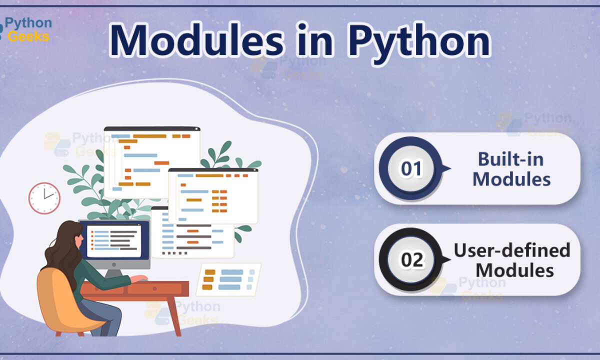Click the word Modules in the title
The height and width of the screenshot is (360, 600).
(196, 40)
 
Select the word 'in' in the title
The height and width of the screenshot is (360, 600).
(315, 39)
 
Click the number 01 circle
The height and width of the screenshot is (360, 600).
(411, 168)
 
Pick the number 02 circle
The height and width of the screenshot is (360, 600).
(411, 259)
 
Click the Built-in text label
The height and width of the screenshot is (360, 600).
(511, 159)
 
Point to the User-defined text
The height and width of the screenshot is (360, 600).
(512, 250)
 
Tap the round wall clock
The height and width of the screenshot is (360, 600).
(44, 198)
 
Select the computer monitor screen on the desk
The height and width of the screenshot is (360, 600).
(114, 240)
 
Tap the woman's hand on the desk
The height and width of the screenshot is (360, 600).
(139, 278)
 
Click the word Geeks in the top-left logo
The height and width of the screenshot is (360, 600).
(28, 36)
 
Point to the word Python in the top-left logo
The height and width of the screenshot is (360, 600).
(28, 23)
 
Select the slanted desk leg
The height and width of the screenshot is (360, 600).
(173, 316)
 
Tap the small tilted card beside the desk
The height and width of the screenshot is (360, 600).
(228, 279)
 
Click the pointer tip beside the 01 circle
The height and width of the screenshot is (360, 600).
(450, 168)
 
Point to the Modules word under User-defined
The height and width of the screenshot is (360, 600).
(515, 270)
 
